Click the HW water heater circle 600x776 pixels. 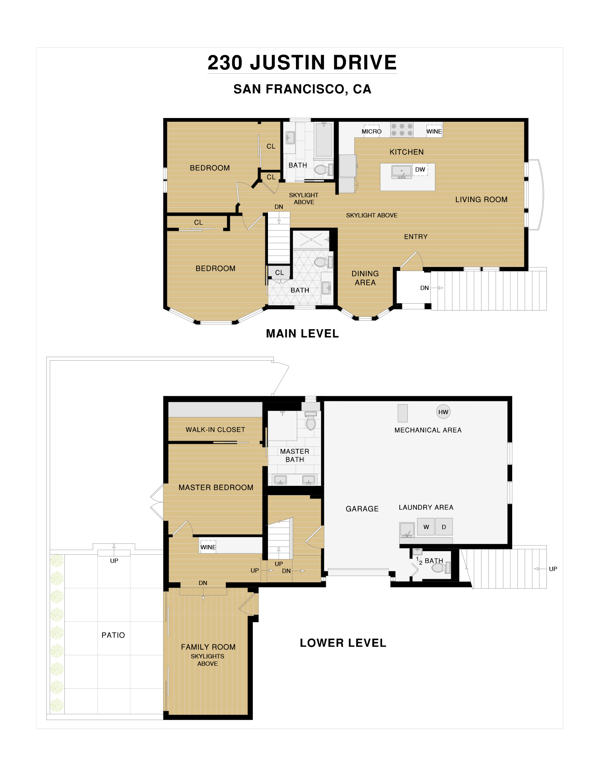pos(443,412)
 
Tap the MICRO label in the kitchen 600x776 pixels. pos(372,132)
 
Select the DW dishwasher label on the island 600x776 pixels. pos(420,170)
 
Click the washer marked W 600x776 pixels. pos(426,527)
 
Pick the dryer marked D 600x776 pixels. pos(444,527)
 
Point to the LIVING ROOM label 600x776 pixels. pos(482,200)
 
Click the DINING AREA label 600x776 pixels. pos(365,278)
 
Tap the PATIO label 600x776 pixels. pos(113,635)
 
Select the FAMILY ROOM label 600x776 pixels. pos(208,647)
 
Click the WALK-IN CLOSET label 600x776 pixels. pos(216,430)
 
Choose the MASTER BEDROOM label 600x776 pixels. pos(216,488)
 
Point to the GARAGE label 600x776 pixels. pos(362,509)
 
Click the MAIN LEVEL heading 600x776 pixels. pos(303,333)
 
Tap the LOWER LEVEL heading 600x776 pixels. pos(343,643)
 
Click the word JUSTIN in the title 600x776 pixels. pos(288,62)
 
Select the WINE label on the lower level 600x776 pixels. pos(208,547)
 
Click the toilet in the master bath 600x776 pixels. pos(311,421)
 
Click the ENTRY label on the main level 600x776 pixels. pos(416,237)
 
